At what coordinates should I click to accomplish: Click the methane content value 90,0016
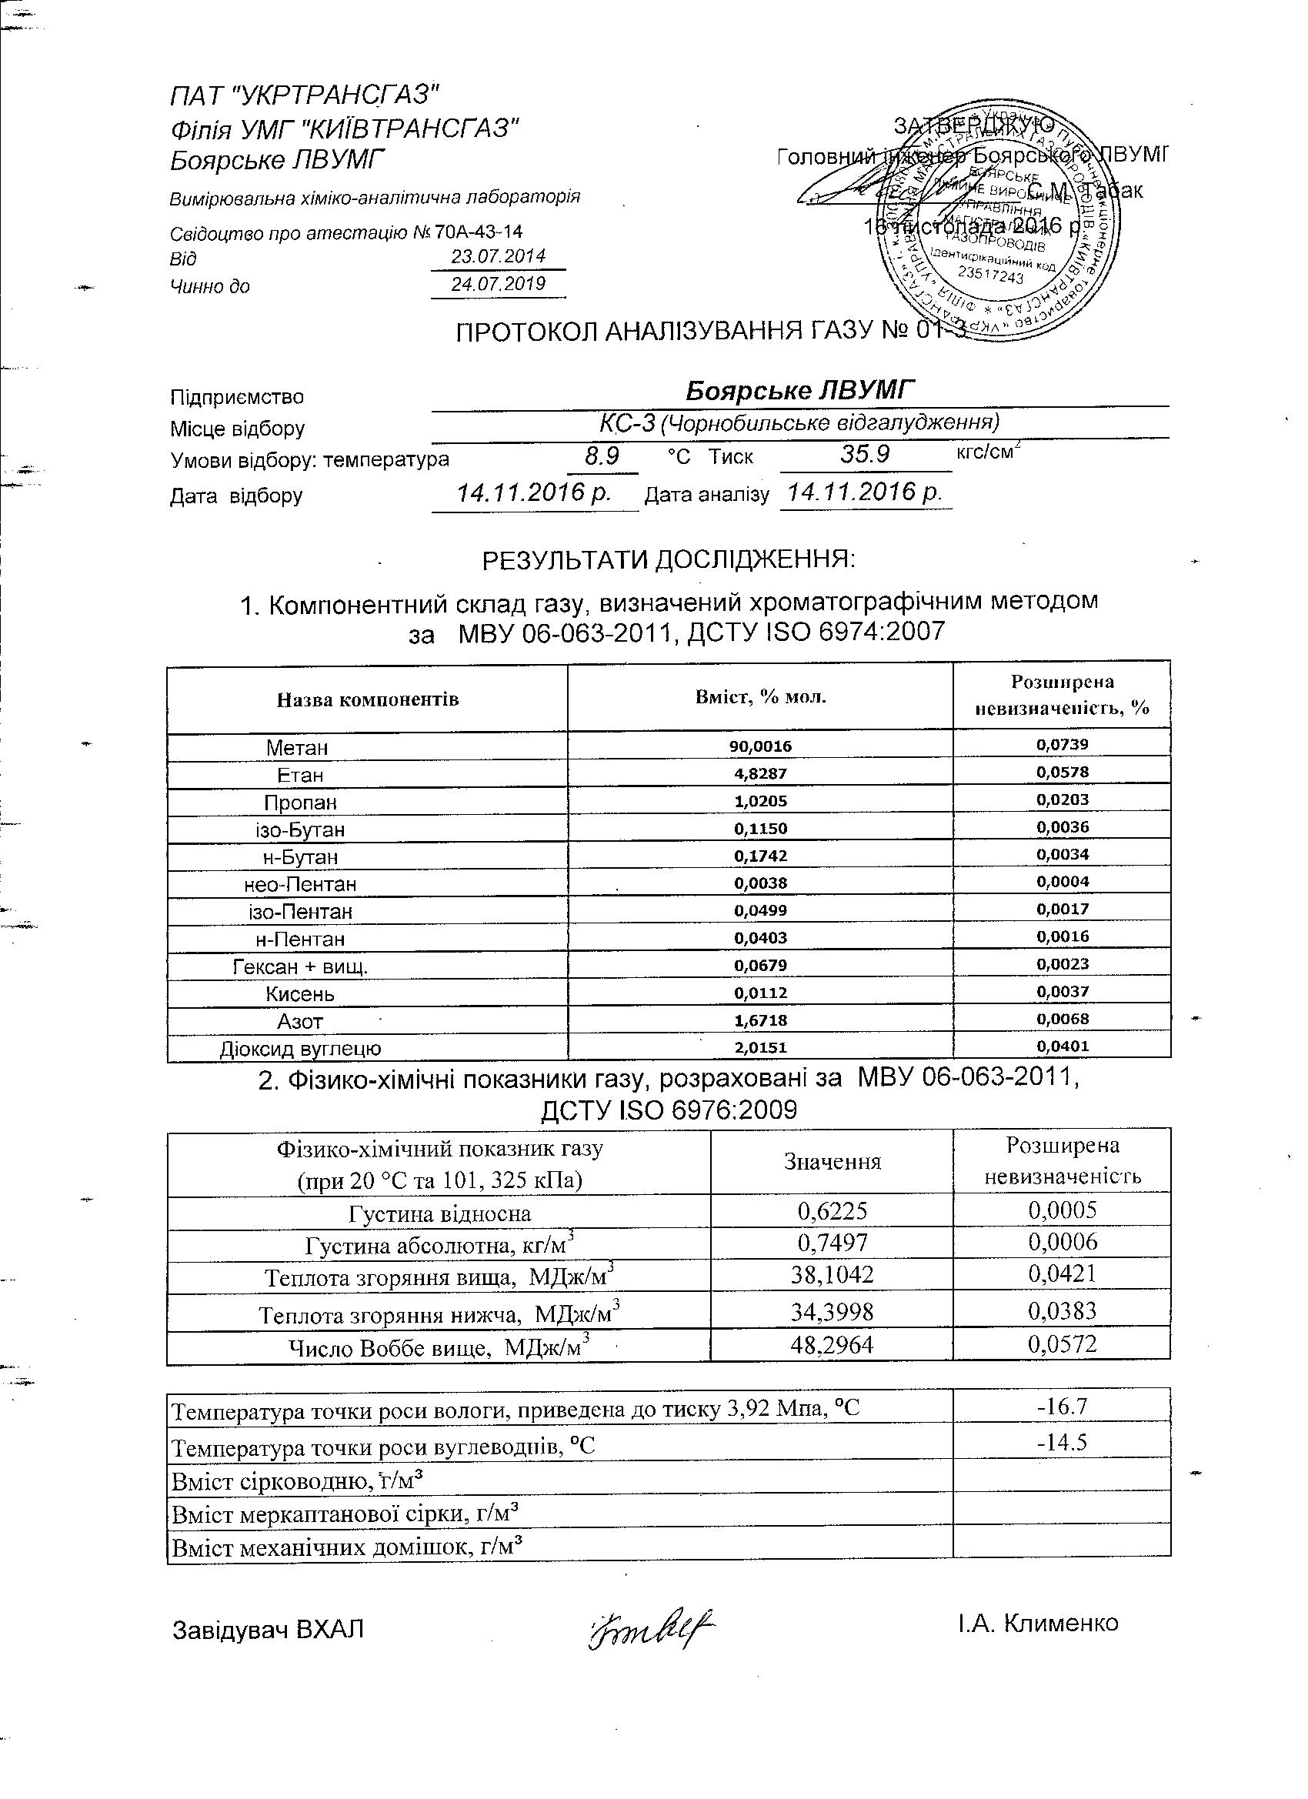point(760,746)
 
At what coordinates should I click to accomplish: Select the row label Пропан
point(301,802)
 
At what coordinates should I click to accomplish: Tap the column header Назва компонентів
point(367,699)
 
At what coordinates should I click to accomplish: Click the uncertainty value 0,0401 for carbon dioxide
point(1062,1046)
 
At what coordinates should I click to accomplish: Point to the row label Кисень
point(301,993)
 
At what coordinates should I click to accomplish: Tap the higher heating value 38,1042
point(831,1275)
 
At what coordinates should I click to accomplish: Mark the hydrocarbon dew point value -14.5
point(1061,1441)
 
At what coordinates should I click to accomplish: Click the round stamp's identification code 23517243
point(991,275)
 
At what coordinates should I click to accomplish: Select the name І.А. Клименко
point(1038,1623)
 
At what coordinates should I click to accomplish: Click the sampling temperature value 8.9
point(601,456)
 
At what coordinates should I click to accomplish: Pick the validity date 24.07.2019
point(498,284)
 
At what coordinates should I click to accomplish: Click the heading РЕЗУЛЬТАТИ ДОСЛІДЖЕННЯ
point(669,560)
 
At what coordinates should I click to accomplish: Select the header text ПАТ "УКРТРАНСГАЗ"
point(305,96)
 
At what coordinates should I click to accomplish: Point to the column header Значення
point(832,1162)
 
